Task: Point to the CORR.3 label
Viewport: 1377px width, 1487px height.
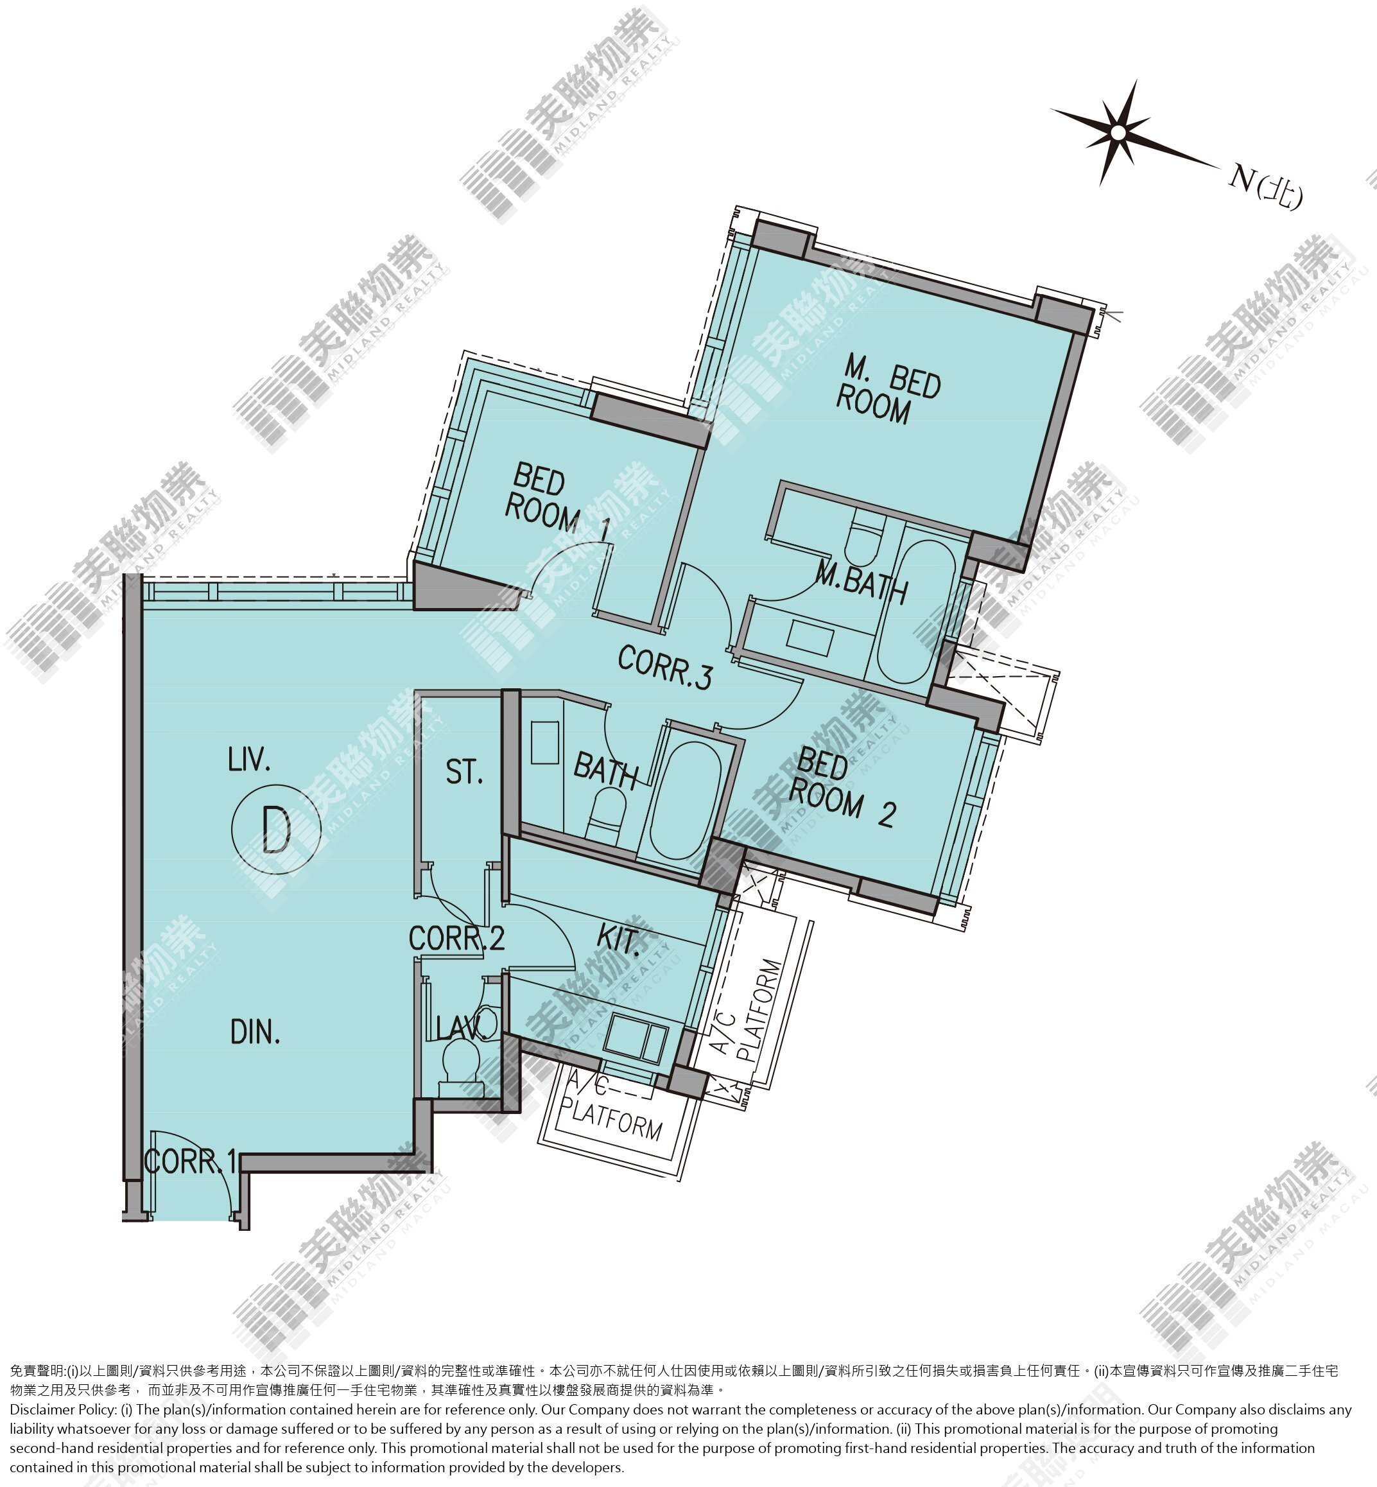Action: click(x=664, y=666)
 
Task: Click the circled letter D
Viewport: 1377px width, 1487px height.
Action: click(x=275, y=828)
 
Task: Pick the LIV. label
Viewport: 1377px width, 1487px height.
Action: click(x=249, y=761)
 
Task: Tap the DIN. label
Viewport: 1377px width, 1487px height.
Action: click(x=255, y=1033)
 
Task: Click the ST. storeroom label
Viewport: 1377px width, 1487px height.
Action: click(x=464, y=772)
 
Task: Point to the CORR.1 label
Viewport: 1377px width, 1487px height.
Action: click(x=191, y=1161)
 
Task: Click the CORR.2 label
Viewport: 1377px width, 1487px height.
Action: click(x=457, y=937)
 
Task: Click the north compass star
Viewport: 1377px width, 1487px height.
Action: click(x=1118, y=133)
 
